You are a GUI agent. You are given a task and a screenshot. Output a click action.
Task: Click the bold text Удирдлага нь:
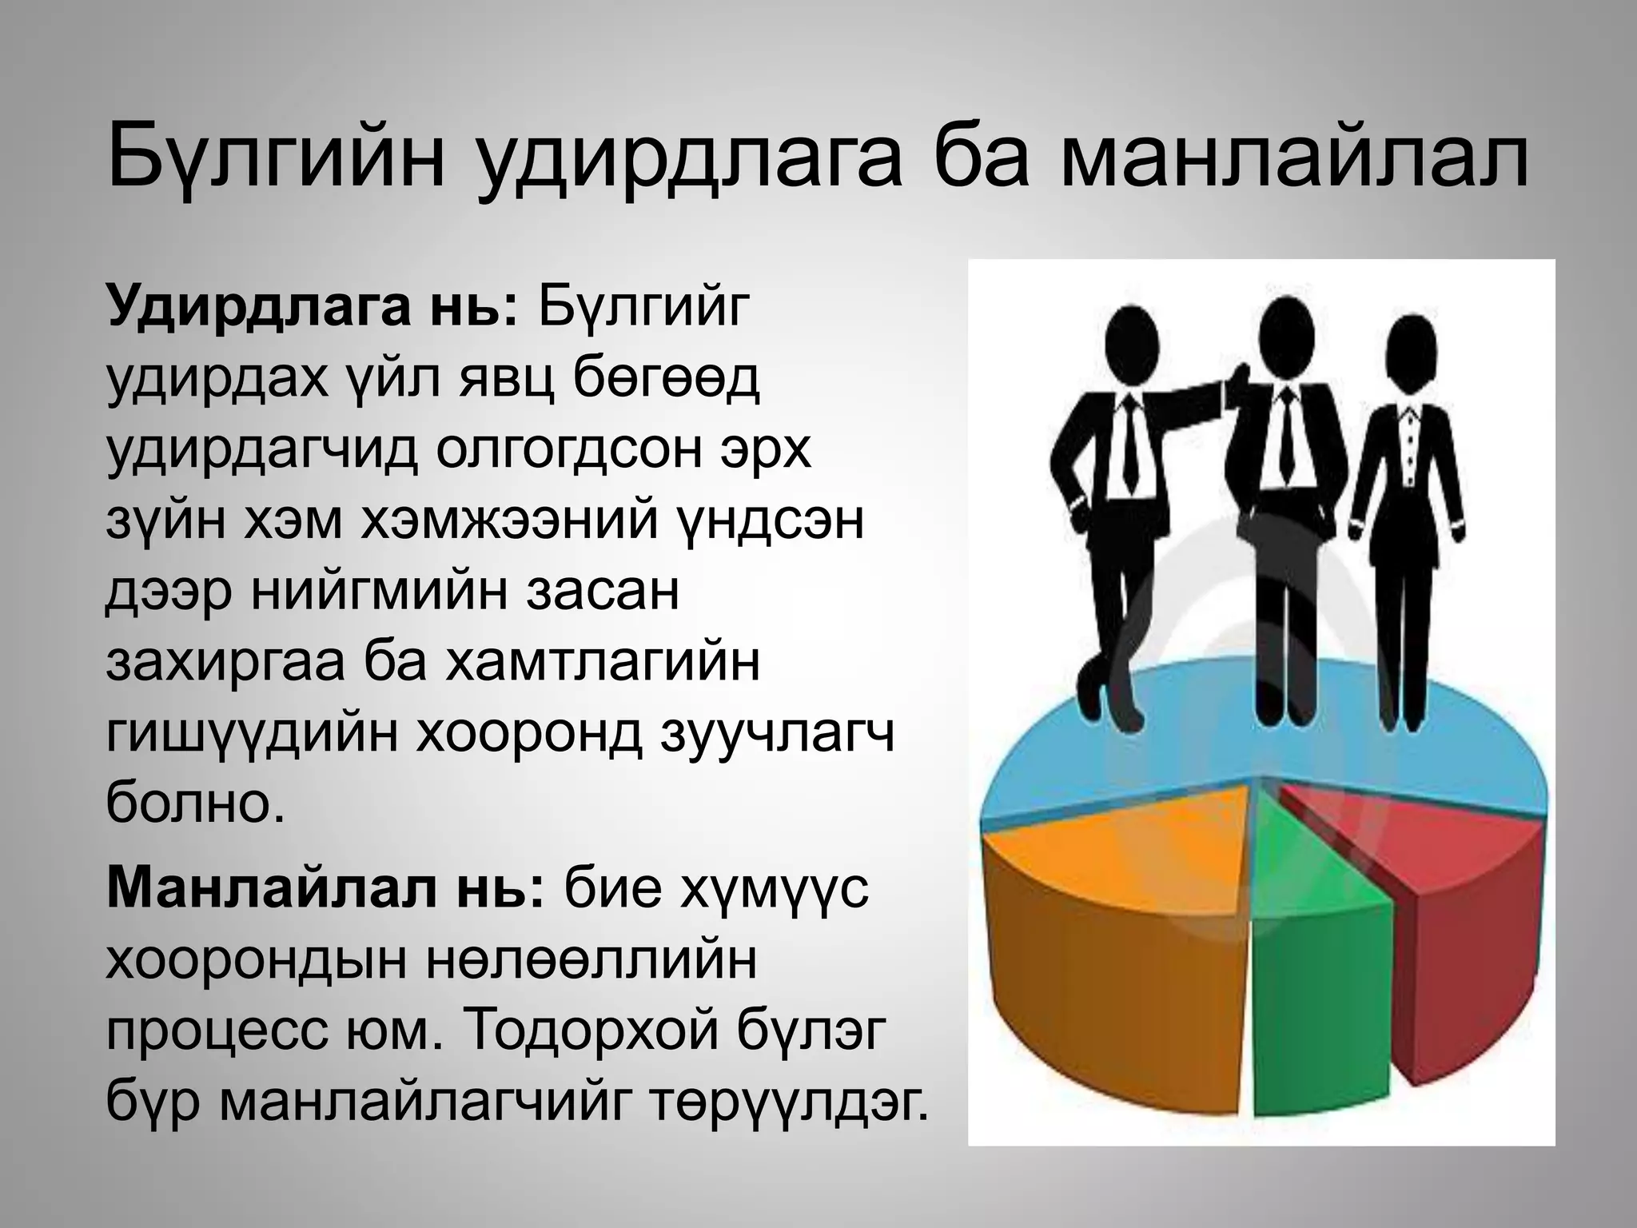coord(313,308)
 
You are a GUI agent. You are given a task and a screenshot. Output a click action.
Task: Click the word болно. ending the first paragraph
coord(195,803)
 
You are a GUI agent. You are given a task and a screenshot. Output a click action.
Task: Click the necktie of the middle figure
coord(1285,432)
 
